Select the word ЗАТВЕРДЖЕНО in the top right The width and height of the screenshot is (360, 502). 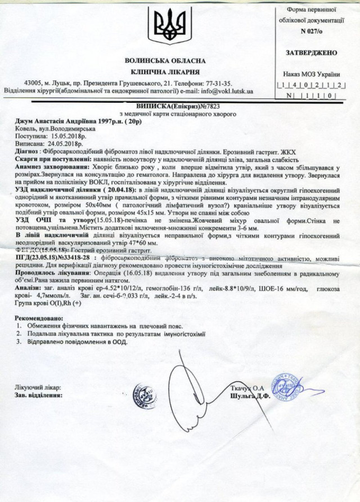(x=312, y=53)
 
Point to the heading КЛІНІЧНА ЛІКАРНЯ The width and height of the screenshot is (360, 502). (x=165, y=72)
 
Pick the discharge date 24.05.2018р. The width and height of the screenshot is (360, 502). (x=69, y=143)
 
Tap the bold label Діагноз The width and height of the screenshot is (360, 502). (x=26, y=151)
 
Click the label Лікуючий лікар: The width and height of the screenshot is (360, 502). (x=37, y=387)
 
